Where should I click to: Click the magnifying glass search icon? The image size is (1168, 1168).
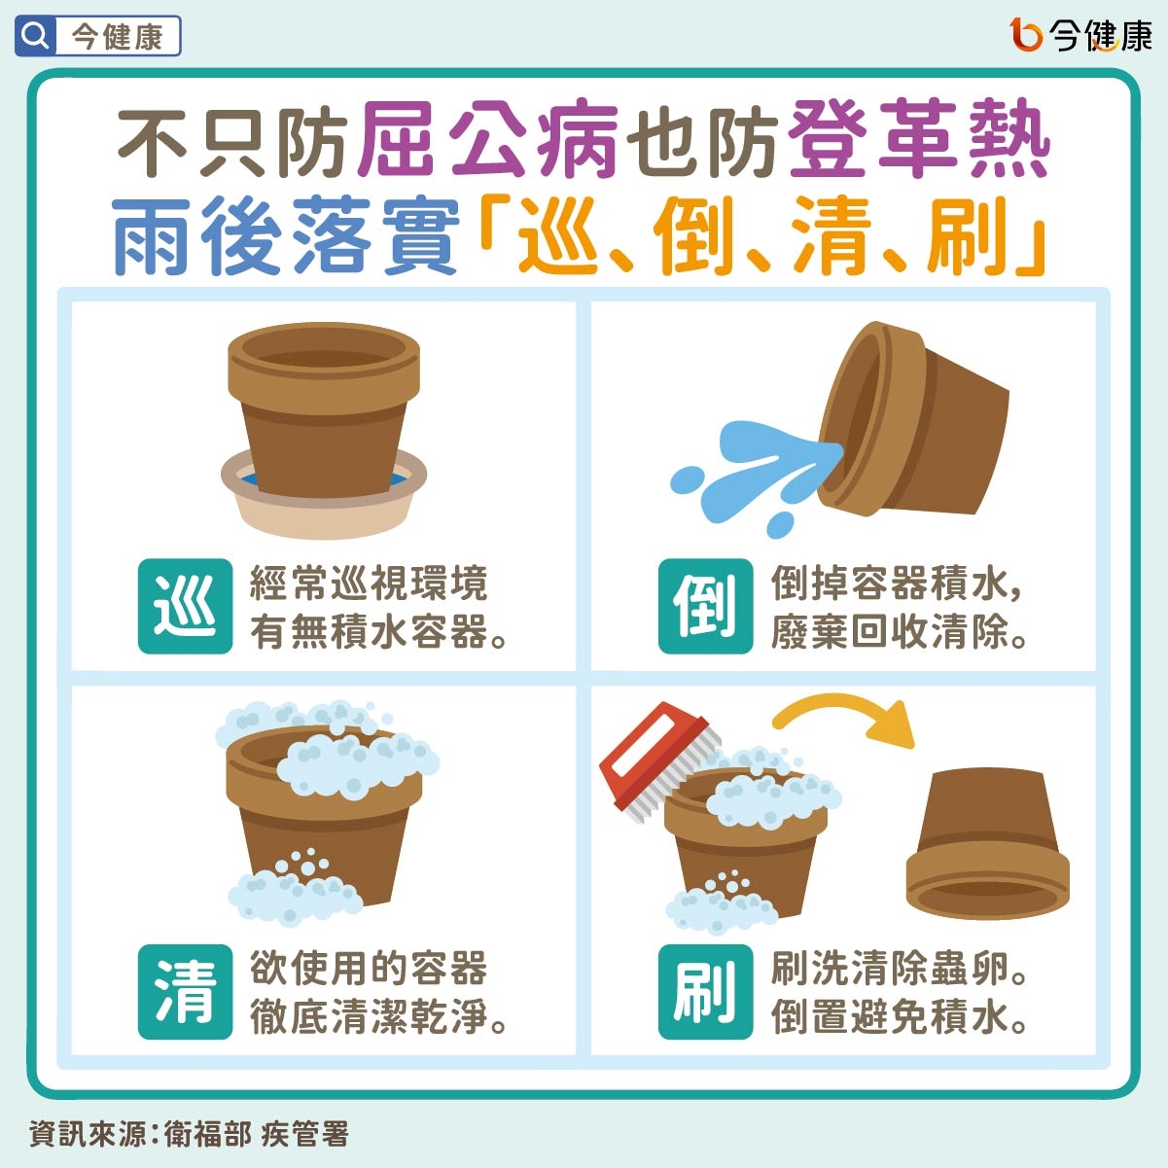(35, 38)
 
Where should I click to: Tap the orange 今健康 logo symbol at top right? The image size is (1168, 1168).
(1026, 36)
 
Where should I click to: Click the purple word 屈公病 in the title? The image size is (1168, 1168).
(488, 141)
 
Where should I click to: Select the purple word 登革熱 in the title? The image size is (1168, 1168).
(919, 141)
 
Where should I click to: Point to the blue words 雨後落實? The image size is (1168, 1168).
(285, 236)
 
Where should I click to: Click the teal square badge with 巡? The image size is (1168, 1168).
(185, 606)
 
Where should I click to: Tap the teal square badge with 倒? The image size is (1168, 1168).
(705, 606)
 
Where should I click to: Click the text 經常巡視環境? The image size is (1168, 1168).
(369, 584)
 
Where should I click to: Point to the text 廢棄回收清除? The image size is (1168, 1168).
(900, 633)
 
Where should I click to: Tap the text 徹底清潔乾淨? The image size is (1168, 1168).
(379, 1017)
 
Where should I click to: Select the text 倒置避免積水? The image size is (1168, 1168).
(900, 1017)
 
